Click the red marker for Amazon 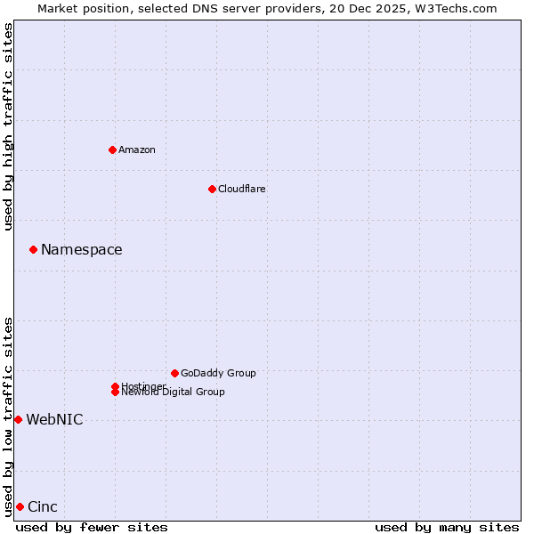[x=112, y=150]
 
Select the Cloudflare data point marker [x=212, y=189]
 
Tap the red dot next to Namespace [x=33, y=249]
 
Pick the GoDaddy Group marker [x=174, y=373]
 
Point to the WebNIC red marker [x=18, y=419]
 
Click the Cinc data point [x=20, y=506]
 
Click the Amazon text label [x=137, y=150]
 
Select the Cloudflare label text [x=242, y=189]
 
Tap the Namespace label [x=82, y=250]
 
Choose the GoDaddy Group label [x=218, y=373]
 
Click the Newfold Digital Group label [x=174, y=392]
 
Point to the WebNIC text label [x=54, y=420]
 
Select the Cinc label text [x=43, y=507]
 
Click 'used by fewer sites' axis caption [x=92, y=528]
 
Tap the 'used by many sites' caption [x=447, y=528]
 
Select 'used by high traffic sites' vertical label [x=9, y=126]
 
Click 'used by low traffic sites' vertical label [x=9, y=417]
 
